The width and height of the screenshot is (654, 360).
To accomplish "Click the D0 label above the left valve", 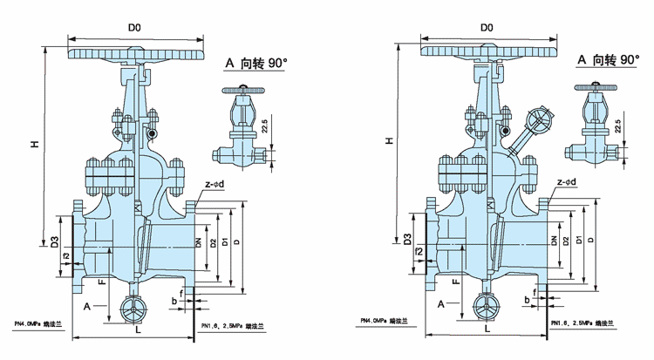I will pyautogui.click(x=135, y=29).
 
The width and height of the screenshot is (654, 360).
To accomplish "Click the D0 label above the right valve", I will pyautogui.click(x=487, y=29).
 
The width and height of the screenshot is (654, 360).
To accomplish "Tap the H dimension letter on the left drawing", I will pyautogui.click(x=35, y=144).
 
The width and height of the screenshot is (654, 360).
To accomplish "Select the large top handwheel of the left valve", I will pyautogui.click(x=140, y=54).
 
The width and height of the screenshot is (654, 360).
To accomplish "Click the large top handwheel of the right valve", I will pyautogui.click(x=489, y=52).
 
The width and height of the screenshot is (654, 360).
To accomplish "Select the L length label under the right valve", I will pyautogui.click(x=486, y=329).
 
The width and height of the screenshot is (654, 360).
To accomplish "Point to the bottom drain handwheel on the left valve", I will pyautogui.click(x=132, y=309).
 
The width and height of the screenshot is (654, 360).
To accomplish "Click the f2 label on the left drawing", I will pyautogui.click(x=66, y=255).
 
